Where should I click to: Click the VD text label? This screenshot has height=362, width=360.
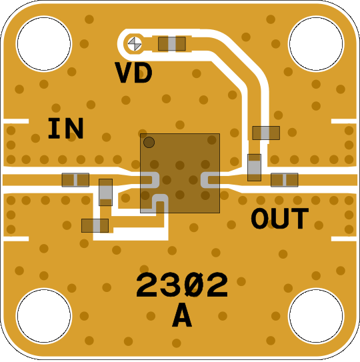click(133, 73)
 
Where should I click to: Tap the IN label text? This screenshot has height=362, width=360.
click(65, 129)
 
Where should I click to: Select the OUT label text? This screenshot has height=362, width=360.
click(279, 218)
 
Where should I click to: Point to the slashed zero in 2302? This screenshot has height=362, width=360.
click(195, 285)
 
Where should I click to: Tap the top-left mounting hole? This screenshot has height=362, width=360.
click(44, 44)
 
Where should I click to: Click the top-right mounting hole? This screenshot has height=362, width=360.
click(316, 44)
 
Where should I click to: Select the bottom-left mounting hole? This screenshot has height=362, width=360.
click(44, 315)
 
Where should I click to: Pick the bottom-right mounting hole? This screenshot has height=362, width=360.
click(316, 315)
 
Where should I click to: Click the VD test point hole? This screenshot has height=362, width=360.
click(135, 44)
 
